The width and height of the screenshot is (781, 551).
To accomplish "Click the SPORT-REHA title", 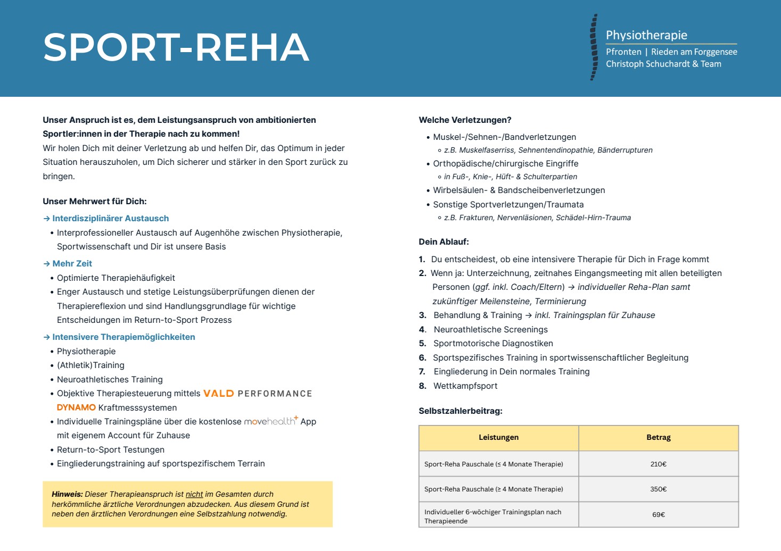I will [x=176, y=47].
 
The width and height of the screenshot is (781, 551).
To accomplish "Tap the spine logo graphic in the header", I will [x=594, y=48].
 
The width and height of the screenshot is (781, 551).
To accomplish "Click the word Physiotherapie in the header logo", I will [x=646, y=35].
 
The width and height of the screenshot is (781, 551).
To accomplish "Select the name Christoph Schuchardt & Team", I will [x=663, y=64].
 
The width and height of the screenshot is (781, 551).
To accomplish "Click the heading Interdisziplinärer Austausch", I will [x=110, y=218].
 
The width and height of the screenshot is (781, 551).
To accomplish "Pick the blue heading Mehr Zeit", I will [x=72, y=263].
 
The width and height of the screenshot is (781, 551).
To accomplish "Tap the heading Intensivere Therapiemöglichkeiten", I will [x=124, y=337].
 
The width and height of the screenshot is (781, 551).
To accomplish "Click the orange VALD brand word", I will [x=219, y=394].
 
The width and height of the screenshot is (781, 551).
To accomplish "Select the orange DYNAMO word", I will [x=76, y=407].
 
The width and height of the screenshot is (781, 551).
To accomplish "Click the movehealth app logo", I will [x=270, y=421].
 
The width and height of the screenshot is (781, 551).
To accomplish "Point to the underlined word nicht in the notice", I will [x=194, y=494].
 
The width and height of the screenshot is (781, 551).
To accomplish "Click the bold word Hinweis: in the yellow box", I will [x=67, y=494].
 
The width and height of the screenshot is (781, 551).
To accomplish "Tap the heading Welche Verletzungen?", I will [x=465, y=120].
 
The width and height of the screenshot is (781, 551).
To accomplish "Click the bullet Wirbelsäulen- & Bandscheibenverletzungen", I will [x=519, y=190].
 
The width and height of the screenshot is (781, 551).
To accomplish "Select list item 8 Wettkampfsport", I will [x=465, y=386].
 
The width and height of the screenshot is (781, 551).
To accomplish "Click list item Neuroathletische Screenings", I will [x=490, y=329].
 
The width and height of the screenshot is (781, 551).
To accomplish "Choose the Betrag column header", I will [x=658, y=437].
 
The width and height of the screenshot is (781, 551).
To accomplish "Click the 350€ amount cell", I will [x=658, y=489].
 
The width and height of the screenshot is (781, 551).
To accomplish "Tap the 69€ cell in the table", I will [x=658, y=514].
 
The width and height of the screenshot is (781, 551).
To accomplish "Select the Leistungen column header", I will [x=498, y=437].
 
